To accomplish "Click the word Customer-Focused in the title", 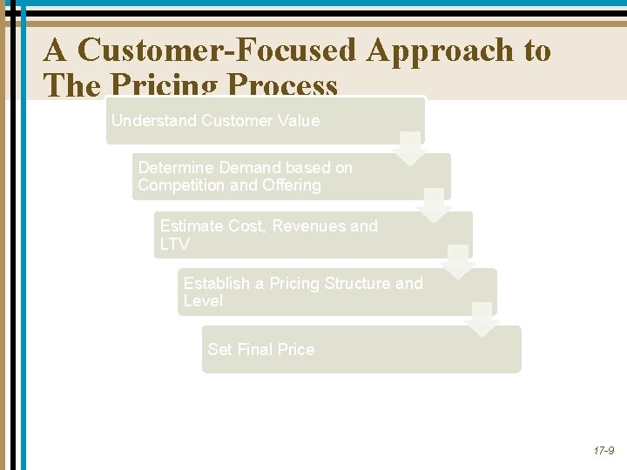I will [217, 50].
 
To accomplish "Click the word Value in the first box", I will [300, 121].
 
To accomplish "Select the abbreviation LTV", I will [174, 245].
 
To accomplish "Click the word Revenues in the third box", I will [309, 226].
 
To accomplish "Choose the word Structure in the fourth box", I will [357, 284].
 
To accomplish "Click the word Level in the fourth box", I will [203, 301].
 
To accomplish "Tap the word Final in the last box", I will [254, 350].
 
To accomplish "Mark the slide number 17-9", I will [603, 451].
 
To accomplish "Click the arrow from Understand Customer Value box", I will [410, 149].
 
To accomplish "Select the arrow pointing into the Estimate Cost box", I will [435, 206].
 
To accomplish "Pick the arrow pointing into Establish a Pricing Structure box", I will [457, 263].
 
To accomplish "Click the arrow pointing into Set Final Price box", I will [482, 320].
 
